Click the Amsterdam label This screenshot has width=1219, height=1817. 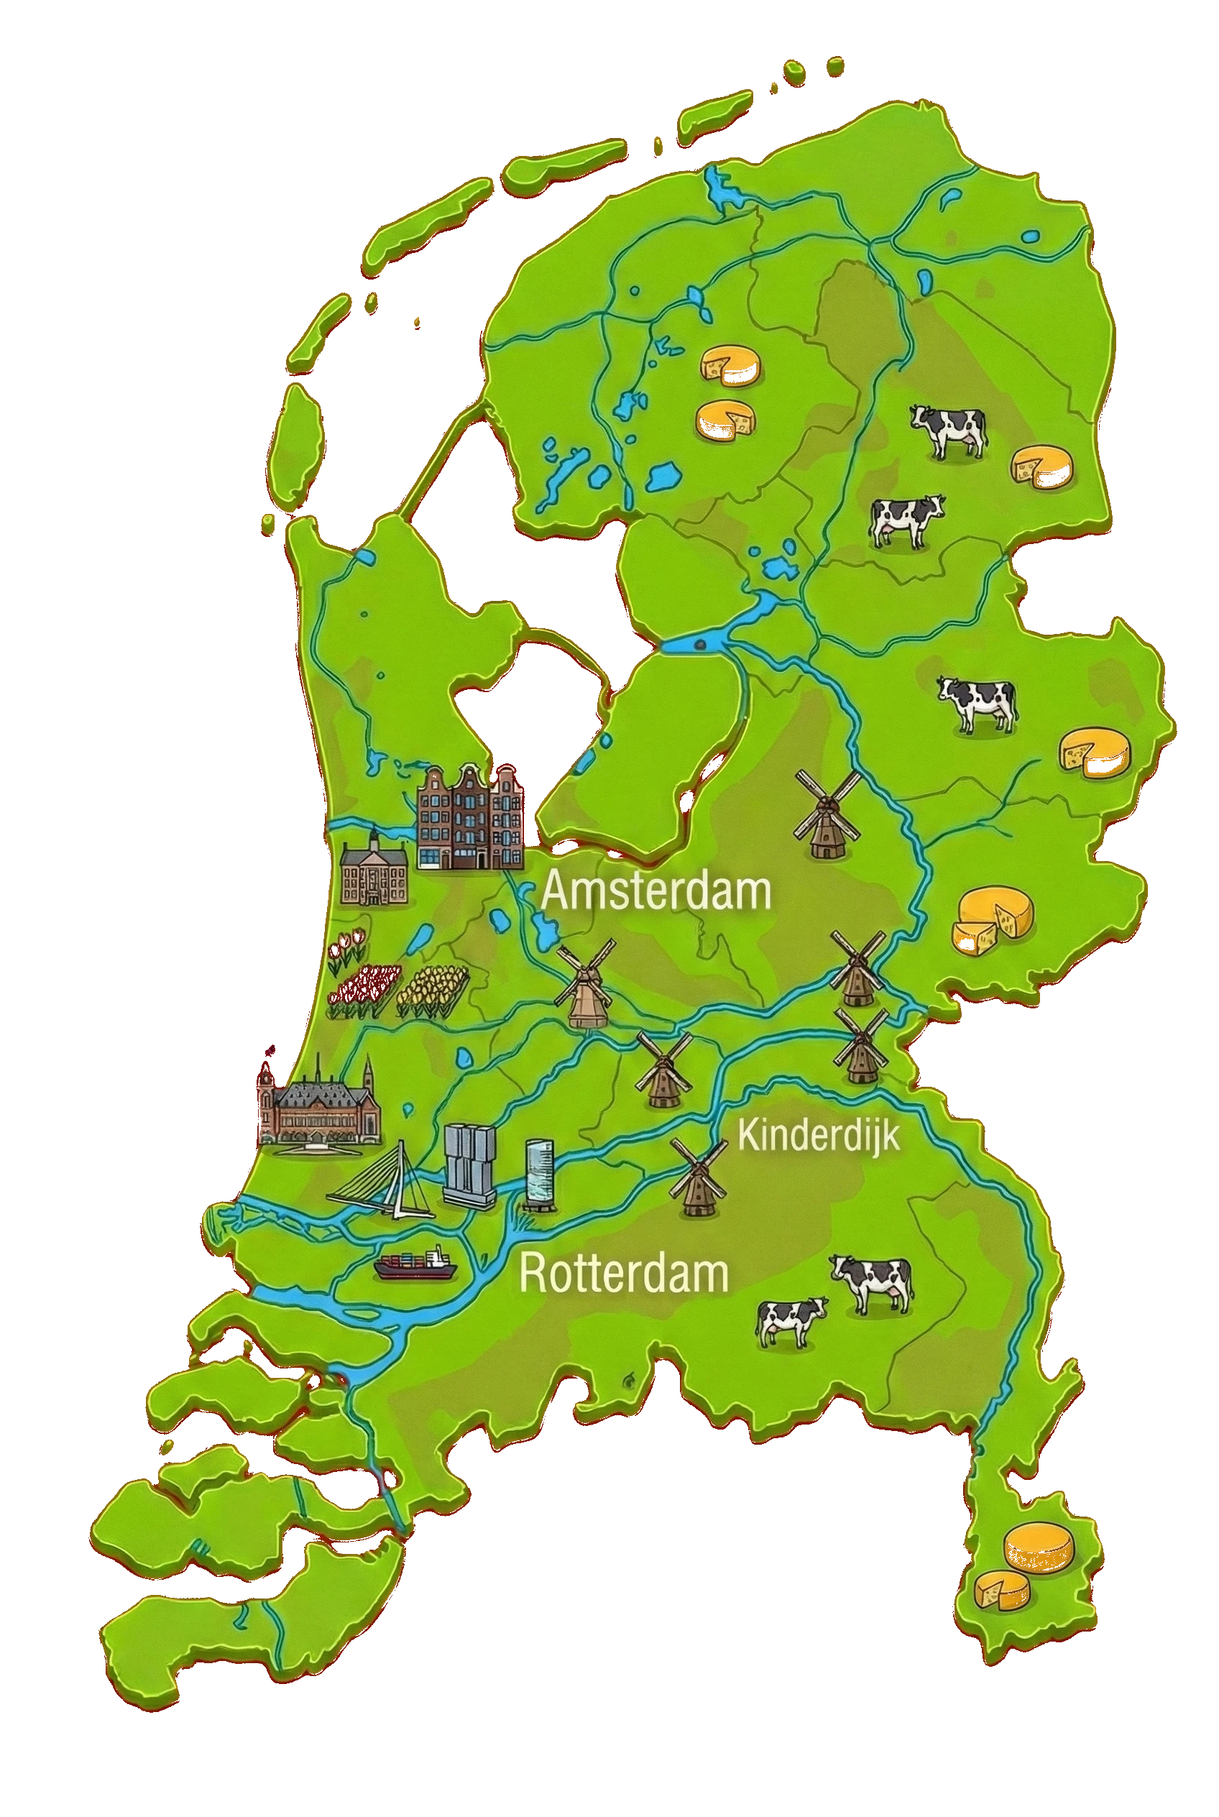pos(655,891)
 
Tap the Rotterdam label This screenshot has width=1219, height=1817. pos(623,1273)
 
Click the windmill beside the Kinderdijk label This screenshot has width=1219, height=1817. pos(696,1177)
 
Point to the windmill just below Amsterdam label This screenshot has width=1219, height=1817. pos(584,987)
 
